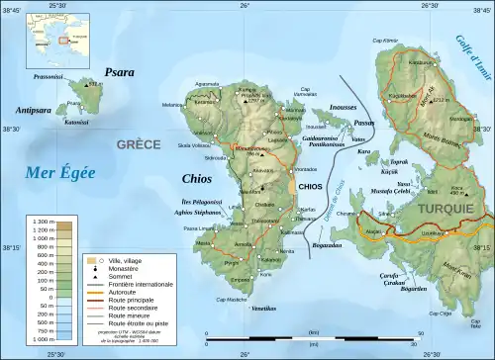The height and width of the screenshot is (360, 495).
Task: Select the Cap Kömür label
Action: (383, 41)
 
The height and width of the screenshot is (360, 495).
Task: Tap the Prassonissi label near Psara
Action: (49, 75)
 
